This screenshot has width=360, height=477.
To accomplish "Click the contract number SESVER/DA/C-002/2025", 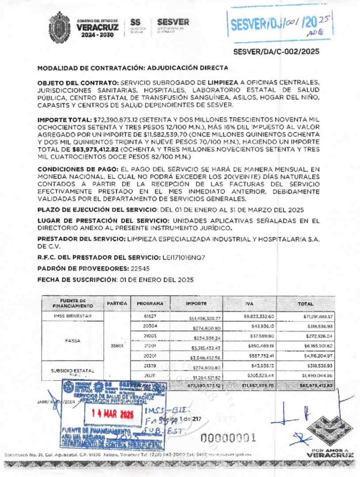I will [276, 52].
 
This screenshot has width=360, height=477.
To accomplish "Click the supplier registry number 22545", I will [138, 269].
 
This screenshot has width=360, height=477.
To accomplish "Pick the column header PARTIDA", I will [117, 303].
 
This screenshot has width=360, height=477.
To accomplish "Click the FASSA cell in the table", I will [72, 341].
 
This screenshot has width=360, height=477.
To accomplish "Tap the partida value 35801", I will [117, 347].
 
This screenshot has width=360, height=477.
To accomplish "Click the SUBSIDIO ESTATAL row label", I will [72, 371].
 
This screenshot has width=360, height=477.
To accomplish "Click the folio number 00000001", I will [228, 437].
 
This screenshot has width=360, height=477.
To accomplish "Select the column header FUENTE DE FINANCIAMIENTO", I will [72, 303].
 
